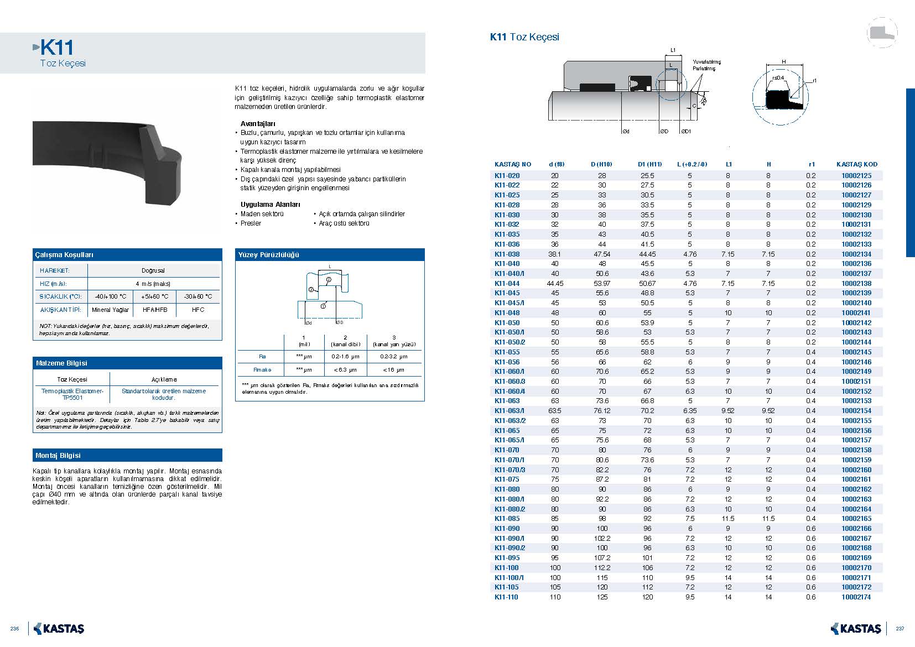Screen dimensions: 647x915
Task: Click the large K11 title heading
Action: point(56,48)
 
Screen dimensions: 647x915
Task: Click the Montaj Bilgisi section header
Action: point(58,456)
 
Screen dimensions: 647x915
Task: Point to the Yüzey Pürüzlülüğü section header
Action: point(268,255)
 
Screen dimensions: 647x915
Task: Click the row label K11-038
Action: point(507,254)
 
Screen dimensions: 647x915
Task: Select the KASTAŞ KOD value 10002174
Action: point(856,597)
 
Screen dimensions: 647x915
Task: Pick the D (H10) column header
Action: point(601,164)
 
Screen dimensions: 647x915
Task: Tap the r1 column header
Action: point(812,164)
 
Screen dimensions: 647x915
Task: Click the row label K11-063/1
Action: point(509,411)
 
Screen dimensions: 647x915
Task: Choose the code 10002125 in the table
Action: point(856,176)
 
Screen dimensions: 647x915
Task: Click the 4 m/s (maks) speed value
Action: point(153,284)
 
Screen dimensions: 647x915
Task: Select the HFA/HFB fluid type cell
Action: point(155,310)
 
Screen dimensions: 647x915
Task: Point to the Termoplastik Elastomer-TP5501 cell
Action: point(72,394)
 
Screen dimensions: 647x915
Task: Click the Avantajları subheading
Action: point(258,124)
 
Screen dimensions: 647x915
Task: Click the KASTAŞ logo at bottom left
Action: point(59,629)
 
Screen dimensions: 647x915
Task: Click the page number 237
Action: point(900,629)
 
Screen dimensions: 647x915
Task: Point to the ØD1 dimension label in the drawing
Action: point(685,132)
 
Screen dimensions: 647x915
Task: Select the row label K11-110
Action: point(506,597)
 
